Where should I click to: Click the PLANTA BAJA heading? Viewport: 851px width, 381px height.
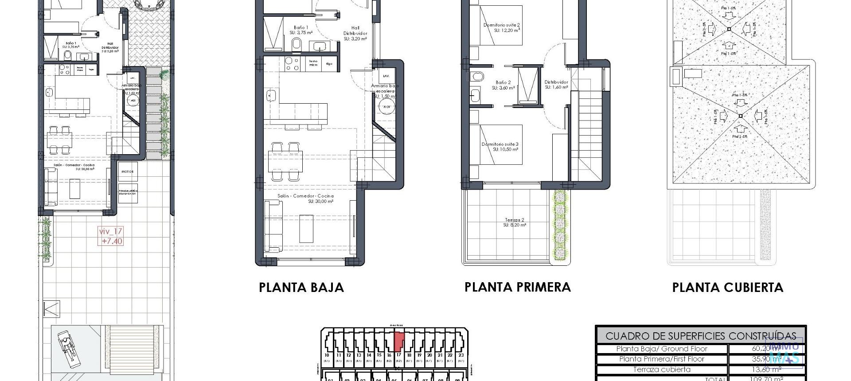pos(301,288)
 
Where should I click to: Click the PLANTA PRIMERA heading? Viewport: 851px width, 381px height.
pos(517,287)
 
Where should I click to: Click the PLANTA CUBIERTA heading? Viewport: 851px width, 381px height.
pos(727,288)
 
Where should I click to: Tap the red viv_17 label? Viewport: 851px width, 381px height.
pos(111,236)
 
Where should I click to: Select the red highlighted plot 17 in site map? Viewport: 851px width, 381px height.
pos(398,342)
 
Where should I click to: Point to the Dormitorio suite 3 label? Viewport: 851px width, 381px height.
pos(500,147)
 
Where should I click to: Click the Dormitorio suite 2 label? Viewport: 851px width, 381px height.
pos(501,27)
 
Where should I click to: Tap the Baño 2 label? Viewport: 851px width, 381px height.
pos(503,85)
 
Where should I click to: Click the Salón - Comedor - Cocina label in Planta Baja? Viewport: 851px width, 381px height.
pos(305,198)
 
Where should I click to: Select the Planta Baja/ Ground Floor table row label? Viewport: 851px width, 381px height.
pos(661,349)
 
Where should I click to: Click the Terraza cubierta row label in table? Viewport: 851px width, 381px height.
pos(661,369)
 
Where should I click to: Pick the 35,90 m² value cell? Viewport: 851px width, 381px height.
pos(767,359)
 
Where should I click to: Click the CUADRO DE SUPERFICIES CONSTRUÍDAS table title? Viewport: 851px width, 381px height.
pos(700,336)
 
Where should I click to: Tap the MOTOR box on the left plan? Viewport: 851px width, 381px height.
pos(128,171)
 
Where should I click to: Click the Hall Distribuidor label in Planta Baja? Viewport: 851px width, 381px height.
pos(355,33)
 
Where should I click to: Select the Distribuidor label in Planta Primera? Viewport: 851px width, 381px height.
pos(556,85)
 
